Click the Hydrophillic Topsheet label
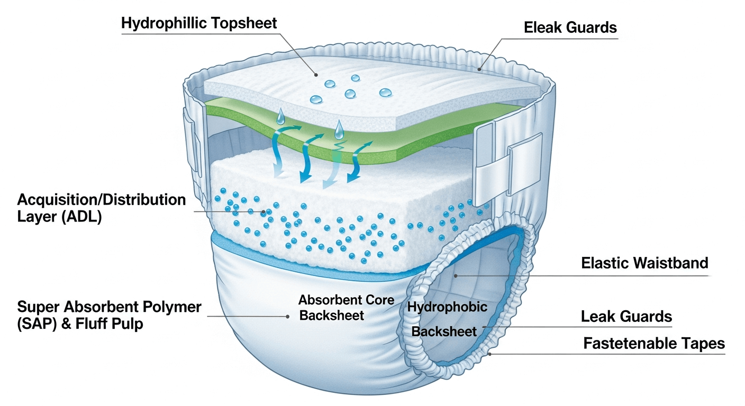199,23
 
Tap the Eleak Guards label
570,27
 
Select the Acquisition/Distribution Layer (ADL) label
102,208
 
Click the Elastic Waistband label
644,263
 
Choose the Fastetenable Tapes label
654,343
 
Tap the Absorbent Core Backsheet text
346,308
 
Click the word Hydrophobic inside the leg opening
447,307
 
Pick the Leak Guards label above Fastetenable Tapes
626,316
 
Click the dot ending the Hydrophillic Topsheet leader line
316,75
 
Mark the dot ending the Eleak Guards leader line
479,69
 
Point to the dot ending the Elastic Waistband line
456,276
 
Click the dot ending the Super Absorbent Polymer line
288,316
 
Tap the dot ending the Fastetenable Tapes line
489,354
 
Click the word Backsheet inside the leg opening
444,331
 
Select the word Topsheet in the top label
244,23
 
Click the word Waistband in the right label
670,263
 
